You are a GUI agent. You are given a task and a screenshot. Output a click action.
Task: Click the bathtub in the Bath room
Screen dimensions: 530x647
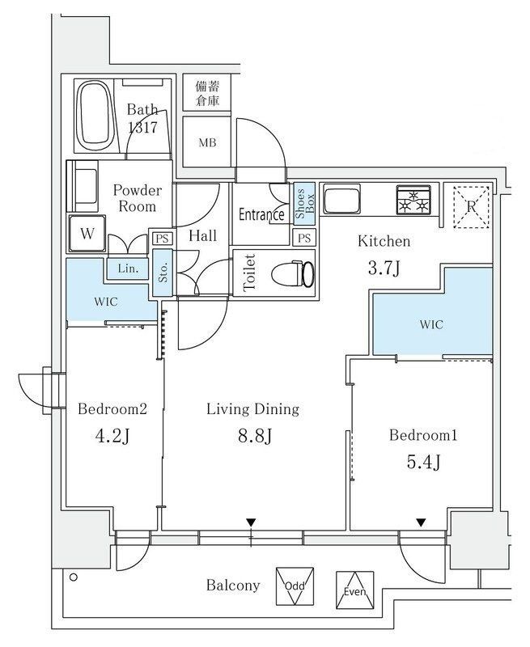pyautogui.click(x=95, y=116)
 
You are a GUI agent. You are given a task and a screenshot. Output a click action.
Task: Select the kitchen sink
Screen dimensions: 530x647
pyautogui.click(x=341, y=199)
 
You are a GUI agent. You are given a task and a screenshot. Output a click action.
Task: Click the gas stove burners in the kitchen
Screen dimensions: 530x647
pyautogui.click(x=414, y=200)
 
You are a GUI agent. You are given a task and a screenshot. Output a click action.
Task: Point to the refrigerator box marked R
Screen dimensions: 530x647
pyautogui.click(x=471, y=206)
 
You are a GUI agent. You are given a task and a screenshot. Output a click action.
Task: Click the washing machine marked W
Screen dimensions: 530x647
pyautogui.click(x=87, y=234)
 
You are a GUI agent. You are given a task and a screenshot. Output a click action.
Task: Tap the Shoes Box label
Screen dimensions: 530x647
pyautogui.click(x=304, y=204)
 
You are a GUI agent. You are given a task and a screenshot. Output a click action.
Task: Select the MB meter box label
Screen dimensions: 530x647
pyautogui.click(x=207, y=143)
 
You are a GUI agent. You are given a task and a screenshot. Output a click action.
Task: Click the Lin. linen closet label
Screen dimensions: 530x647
pyautogui.click(x=128, y=269)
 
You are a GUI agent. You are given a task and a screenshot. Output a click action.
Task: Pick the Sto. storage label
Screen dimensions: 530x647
pyautogui.click(x=163, y=273)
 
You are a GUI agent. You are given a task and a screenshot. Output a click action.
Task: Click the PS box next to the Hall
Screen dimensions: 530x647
pyautogui.click(x=162, y=239)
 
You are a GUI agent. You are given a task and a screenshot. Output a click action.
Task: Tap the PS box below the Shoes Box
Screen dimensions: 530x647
pyautogui.click(x=304, y=238)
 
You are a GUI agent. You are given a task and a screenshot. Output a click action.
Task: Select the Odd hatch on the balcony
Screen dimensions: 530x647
pyautogui.click(x=295, y=586)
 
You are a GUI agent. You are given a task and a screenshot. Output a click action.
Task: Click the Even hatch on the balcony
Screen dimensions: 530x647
pyautogui.click(x=355, y=590)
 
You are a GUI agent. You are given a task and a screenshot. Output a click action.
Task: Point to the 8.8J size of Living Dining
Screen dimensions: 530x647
pyautogui.click(x=255, y=436)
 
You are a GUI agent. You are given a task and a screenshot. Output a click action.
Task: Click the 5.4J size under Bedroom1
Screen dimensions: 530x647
pyautogui.click(x=423, y=462)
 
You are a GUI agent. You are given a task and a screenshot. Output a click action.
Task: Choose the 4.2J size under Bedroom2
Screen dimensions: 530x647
pyautogui.click(x=112, y=436)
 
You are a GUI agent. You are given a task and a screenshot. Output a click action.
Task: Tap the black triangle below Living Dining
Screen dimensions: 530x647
pyautogui.click(x=251, y=522)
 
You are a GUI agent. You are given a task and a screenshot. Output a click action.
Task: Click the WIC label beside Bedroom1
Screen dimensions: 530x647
pyautogui.click(x=431, y=324)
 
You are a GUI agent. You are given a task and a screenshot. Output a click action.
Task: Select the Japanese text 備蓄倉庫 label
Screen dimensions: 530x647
pyautogui.click(x=207, y=93)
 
